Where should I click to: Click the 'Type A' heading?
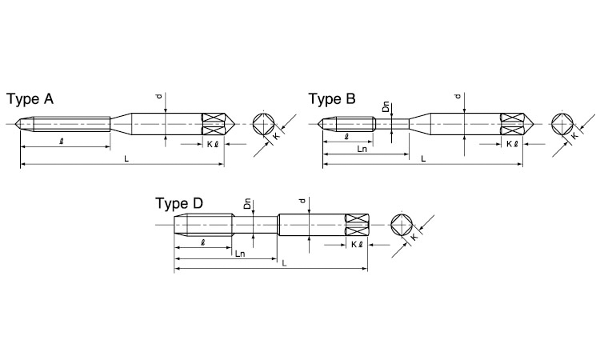click(x=30, y=99)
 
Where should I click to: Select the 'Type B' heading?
click(x=332, y=99)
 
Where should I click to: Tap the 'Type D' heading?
click(x=179, y=203)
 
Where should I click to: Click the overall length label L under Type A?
click(x=126, y=158)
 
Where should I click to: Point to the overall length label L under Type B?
click(x=423, y=158)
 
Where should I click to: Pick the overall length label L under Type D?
click(x=284, y=263)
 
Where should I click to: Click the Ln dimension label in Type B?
click(x=362, y=150)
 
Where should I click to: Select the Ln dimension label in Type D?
click(x=240, y=254)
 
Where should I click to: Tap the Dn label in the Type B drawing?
click(x=386, y=106)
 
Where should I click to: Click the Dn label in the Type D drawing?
click(x=247, y=203)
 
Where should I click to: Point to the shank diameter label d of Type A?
click(x=159, y=97)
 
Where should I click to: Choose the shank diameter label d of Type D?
click(x=303, y=201)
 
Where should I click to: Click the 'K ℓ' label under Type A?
click(x=213, y=144)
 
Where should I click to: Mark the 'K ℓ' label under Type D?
click(x=357, y=245)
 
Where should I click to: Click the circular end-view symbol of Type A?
click(x=264, y=124)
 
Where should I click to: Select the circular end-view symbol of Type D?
click(x=402, y=225)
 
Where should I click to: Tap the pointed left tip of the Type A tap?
click(x=16, y=123)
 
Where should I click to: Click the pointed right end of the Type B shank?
click(x=533, y=123)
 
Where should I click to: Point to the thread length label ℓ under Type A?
click(x=62, y=141)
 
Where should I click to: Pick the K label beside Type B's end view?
click(x=575, y=136)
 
